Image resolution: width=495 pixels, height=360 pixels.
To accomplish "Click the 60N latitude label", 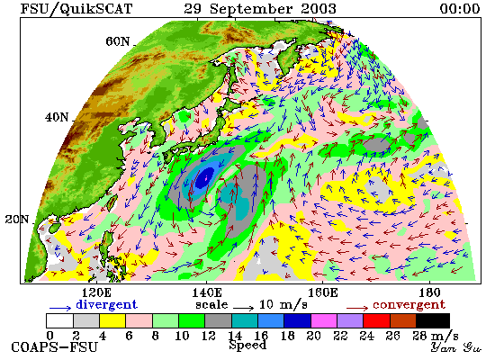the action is (x=117, y=41).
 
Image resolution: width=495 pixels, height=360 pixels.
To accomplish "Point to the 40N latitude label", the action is (x=57, y=118).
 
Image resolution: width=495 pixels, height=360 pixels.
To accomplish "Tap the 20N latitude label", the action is (x=17, y=220).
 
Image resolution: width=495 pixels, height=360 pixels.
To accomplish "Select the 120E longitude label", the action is (x=96, y=292).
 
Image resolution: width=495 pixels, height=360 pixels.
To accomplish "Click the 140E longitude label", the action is (x=207, y=292).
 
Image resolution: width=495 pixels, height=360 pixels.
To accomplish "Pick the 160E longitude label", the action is (x=322, y=292).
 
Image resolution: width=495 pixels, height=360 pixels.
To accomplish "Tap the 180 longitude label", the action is (x=430, y=292).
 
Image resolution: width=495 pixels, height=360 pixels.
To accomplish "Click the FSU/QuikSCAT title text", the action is (x=76, y=9).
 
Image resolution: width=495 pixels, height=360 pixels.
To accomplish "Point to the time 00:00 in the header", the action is (x=460, y=8).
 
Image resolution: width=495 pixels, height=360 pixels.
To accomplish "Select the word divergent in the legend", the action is (x=106, y=305).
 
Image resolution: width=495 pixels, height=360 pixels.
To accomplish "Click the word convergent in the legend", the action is (x=409, y=305).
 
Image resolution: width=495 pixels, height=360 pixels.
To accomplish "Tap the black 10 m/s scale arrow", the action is (x=244, y=308).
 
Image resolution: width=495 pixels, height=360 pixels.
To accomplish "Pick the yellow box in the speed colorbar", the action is (x=112, y=320).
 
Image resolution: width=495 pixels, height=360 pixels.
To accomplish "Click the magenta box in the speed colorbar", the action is (x=324, y=320).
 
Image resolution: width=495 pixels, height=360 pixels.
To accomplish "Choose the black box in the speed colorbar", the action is (x=433, y=320).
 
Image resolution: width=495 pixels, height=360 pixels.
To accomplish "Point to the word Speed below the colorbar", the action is (x=248, y=345).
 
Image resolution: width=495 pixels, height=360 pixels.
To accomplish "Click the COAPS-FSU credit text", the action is (x=54, y=347).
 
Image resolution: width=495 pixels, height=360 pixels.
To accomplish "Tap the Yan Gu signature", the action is (x=455, y=347).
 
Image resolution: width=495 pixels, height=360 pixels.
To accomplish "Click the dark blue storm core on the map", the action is (x=204, y=178).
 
